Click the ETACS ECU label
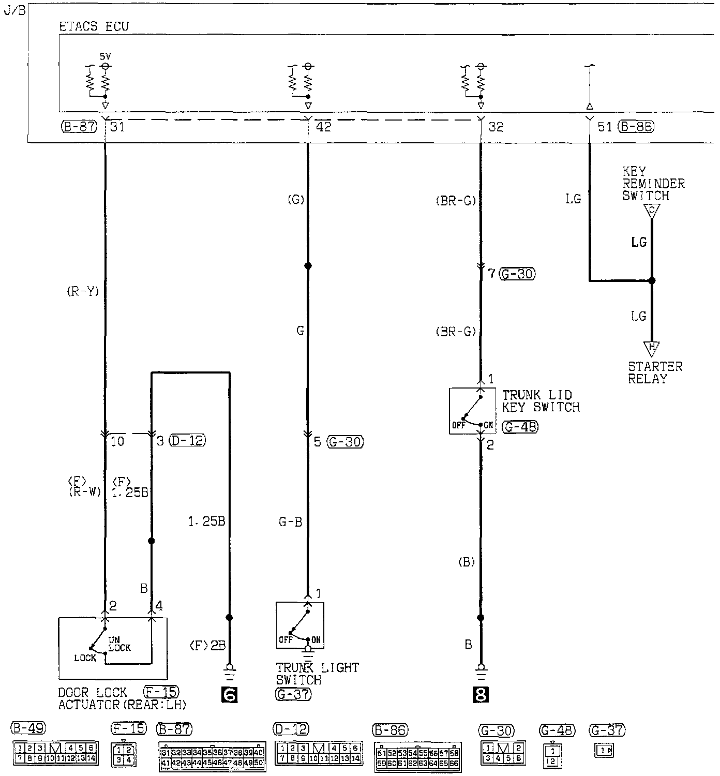[94, 26]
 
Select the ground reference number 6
[229, 695]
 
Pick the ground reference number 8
[481, 695]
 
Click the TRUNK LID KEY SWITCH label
[541, 401]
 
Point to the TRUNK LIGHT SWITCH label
[317, 674]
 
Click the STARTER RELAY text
[655, 372]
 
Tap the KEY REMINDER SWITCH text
[653, 184]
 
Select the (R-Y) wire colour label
[83, 291]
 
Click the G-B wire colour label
[290, 523]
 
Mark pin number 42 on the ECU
[323, 127]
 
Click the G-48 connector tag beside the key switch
[520, 427]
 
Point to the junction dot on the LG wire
[652, 281]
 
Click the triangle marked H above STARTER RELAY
[651, 347]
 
